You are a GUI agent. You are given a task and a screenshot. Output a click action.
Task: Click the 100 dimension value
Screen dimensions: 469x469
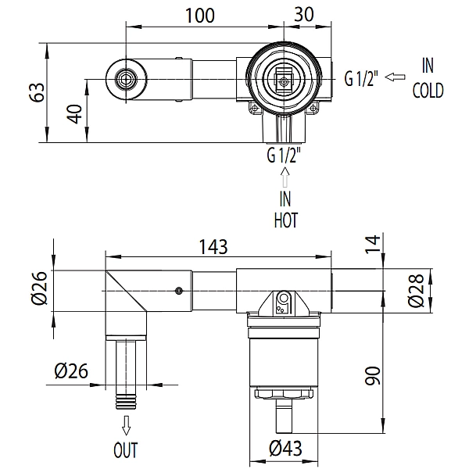(x=200, y=16)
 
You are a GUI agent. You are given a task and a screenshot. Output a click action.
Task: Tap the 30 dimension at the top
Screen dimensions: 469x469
(x=303, y=14)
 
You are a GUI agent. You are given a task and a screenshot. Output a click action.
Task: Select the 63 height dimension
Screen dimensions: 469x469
(x=38, y=92)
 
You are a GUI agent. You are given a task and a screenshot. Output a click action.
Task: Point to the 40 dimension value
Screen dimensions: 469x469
(x=74, y=113)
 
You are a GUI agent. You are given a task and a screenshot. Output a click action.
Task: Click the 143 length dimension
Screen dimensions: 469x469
(x=213, y=247)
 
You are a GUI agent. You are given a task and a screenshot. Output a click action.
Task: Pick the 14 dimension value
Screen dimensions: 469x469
(x=372, y=244)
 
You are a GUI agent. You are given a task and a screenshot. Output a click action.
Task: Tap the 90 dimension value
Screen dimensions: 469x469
(x=372, y=375)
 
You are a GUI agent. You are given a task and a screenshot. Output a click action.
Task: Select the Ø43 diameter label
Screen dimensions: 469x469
(x=285, y=448)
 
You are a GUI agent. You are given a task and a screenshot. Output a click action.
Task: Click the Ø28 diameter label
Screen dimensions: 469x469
(x=417, y=290)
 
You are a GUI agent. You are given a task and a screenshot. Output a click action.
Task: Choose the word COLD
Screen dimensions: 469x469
(x=428, y=91)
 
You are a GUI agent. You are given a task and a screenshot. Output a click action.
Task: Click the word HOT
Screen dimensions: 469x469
(x=286, y=220)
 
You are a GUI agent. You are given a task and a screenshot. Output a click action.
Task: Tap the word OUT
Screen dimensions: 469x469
(x=126, y=450)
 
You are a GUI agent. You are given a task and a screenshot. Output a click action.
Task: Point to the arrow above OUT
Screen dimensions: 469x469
(x=126, y=425)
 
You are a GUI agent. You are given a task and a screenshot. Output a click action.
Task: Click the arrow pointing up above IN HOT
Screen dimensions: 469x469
(x=285, y=177)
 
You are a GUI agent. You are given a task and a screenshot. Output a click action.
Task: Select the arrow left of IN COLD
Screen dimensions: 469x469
(x=395, y=77)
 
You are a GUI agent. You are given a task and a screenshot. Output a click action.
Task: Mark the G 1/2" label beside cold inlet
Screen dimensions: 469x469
(x=361, y=78)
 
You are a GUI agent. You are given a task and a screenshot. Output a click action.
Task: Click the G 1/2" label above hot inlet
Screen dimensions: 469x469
(x=284, y=156)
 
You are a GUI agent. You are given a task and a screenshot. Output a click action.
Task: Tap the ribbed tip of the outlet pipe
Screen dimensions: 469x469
(x=126, y=402)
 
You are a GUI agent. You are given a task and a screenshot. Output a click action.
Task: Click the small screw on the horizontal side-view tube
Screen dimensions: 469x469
(x=179, y=291)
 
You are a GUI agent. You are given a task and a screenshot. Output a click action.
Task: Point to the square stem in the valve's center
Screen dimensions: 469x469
(x=283, y=80)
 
